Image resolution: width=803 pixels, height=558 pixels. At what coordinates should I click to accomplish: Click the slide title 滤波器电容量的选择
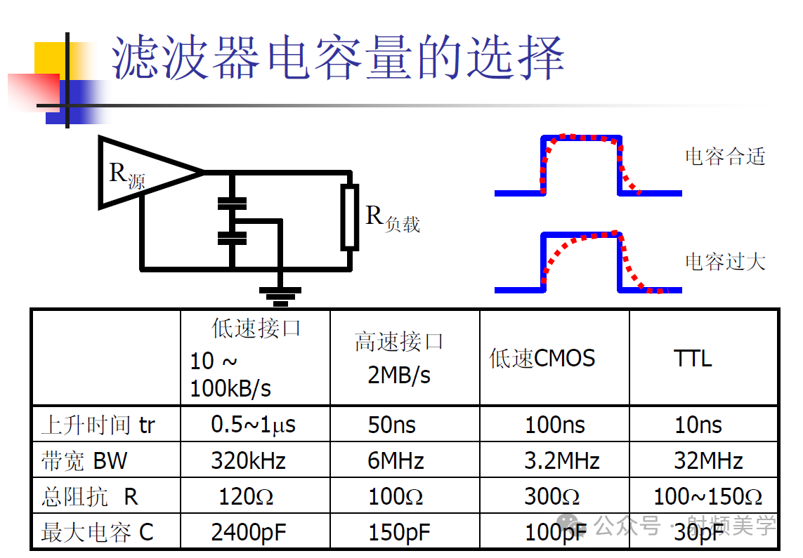coord(338,58)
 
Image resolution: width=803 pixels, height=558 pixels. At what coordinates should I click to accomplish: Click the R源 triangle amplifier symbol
coord(141,172)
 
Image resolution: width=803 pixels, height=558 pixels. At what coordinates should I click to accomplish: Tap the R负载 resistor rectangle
coord(349,217)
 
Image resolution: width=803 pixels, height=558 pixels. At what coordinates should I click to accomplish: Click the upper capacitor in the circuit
coord(232,204)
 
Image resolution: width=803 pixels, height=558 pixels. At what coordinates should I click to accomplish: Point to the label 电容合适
coord(724,156)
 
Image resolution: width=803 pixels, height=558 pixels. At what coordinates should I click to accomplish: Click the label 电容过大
coord(724,262)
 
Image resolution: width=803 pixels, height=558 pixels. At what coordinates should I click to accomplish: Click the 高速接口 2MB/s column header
coord(399,358)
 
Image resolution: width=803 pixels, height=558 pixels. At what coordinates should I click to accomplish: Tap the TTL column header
coord(693,359)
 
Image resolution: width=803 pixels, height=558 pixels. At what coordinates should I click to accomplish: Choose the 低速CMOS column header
coord(542,359)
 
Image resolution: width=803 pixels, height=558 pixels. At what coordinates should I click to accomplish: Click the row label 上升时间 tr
coord(98,425)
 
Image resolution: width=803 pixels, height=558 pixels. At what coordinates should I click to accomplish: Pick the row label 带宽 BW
coord(84,461)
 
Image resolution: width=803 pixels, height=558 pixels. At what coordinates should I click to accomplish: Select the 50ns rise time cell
coord(392,425)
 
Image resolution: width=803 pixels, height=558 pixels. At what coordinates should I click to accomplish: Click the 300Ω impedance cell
coord(552,497)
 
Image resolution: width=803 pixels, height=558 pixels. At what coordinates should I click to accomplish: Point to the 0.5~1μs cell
coord(253,425)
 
